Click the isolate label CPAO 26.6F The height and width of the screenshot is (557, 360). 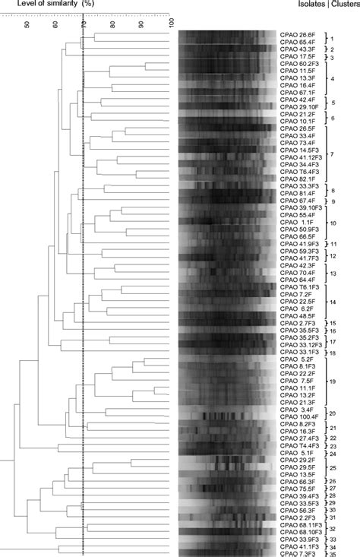(297, 35)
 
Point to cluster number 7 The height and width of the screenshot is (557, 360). (331, 154)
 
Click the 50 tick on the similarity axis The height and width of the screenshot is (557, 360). (28, 24)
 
